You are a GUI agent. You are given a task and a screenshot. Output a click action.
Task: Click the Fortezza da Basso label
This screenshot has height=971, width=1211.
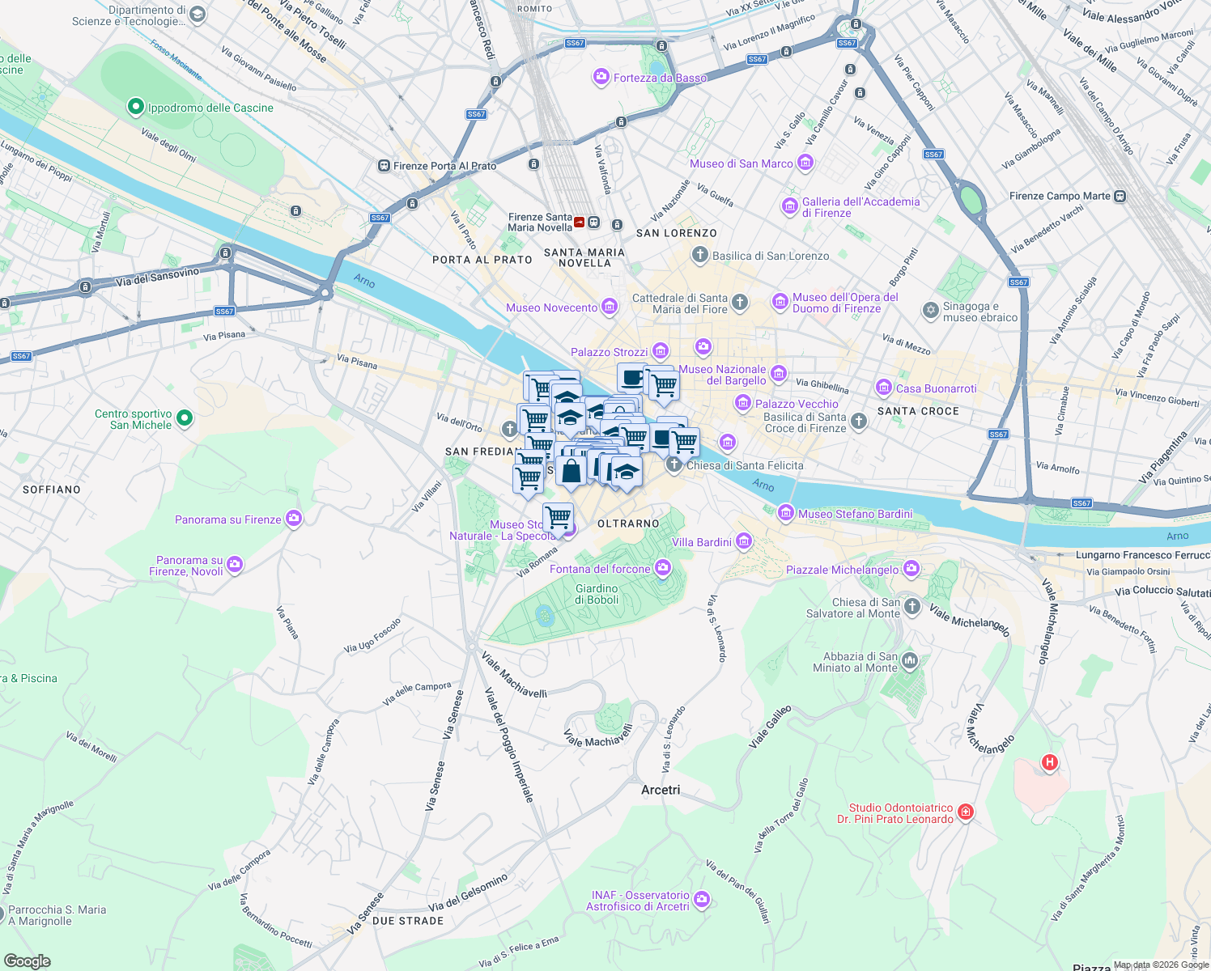660,78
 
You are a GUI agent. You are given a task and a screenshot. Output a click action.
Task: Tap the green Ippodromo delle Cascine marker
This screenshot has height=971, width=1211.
136,107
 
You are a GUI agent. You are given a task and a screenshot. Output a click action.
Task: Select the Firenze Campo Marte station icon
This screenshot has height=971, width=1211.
1120,196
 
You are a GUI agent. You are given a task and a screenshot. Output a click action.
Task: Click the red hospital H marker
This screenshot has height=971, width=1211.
1049,762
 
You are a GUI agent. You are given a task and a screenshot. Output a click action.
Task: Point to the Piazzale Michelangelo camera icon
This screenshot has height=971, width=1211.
911,570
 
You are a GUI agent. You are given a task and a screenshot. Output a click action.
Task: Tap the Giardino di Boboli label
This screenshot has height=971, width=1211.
597,595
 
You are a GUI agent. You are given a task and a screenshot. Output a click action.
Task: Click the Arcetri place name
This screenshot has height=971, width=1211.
661,790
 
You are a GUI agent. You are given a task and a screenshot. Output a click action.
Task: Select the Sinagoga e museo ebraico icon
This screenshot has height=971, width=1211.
931,311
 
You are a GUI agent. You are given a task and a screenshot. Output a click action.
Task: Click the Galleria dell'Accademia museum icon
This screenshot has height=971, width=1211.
789,207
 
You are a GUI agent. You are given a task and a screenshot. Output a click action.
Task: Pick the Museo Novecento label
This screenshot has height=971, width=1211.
551,307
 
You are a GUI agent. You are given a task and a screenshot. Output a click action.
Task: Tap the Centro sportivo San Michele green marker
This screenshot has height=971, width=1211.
185,418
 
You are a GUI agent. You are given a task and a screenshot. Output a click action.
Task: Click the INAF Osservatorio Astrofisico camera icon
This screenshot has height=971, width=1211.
701,900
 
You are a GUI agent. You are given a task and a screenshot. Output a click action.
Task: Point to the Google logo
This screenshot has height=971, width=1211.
28,960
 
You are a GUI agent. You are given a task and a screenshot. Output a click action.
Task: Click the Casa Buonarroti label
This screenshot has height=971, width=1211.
936,388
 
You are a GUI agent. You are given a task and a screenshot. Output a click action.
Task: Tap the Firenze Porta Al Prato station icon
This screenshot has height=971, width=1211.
384,166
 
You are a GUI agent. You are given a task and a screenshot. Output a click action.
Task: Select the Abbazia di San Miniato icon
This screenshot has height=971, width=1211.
910,662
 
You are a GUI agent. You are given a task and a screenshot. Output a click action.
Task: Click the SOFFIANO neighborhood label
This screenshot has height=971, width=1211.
52,490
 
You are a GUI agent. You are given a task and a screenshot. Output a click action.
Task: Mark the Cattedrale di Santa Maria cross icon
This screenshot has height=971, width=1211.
739,303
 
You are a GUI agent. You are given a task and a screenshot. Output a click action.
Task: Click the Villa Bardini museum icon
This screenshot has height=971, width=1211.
744,541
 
